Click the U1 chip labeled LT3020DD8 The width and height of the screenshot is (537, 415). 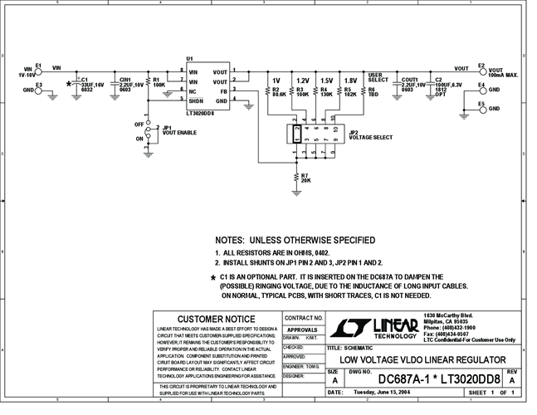[x=208, y=85]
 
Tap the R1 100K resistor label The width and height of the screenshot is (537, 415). [x=158, y=83]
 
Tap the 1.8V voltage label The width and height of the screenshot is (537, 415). [x=350, y=81]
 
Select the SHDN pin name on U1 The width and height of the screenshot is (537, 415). [x=196, y=100]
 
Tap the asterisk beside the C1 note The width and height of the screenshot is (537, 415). [x=213, y=277]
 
